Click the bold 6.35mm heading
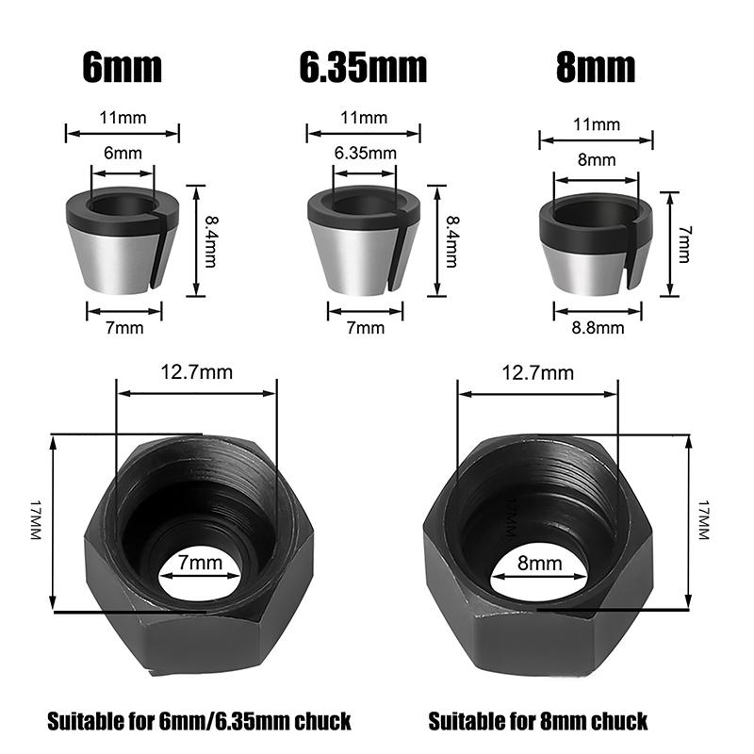point(363,67)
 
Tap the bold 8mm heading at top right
point(596,67)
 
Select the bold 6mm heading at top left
point(123,67)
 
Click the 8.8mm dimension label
point(598,328)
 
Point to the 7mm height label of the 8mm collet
point(684,244)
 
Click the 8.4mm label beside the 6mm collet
point(210,241)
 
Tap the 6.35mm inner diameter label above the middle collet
point(366,154)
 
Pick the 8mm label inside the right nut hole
point(539,563)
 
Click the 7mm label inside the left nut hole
point(200,563)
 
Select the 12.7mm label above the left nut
point(196,372)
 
